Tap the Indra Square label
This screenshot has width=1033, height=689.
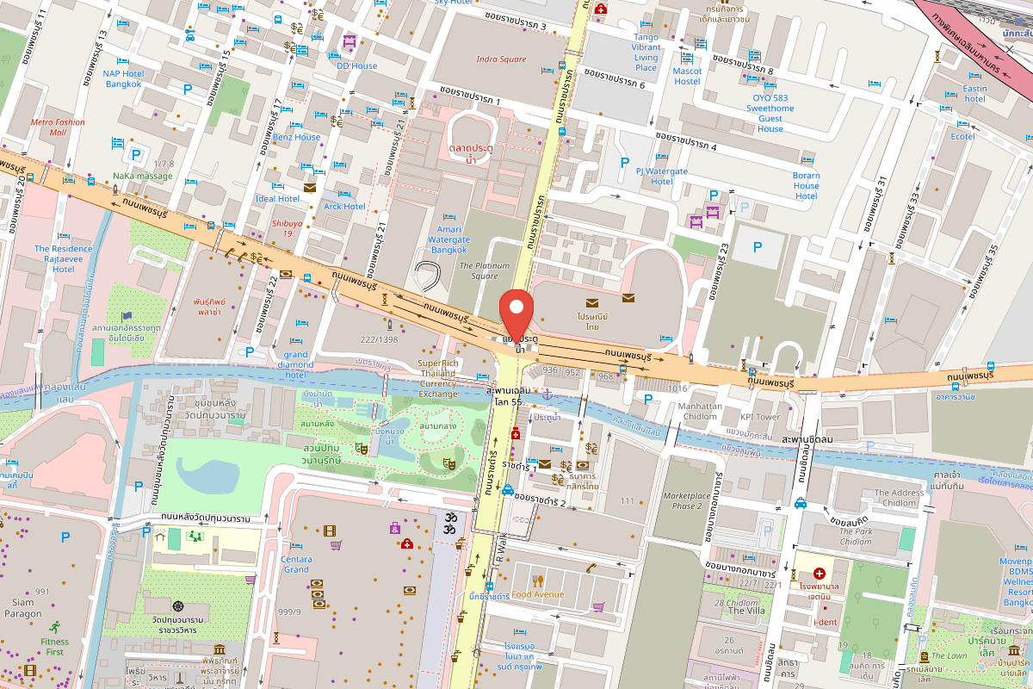pos(501,59)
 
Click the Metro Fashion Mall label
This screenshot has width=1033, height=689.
pos(58,127)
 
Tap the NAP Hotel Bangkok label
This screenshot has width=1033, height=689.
pos(123,78)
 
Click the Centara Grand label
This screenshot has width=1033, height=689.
pos(296,564)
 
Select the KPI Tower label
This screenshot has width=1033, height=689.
pos(759,417)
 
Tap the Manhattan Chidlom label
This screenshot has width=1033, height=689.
pos(700,411)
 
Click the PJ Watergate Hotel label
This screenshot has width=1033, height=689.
pos(661,177)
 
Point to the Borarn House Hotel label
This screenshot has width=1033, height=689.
pos(806,185)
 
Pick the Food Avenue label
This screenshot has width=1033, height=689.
pos(537,594)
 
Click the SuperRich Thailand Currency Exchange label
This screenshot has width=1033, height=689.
pos(438,378)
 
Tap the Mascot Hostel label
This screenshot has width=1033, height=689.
pos(687,76)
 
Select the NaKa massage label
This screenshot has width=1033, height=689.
pos(142,177)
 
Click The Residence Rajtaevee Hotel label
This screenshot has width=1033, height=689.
pos(63,258)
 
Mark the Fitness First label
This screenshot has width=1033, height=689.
pos(54,647)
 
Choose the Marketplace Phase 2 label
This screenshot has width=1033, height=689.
pos(687,500)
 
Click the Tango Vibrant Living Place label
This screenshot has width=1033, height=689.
pos(646,53)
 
